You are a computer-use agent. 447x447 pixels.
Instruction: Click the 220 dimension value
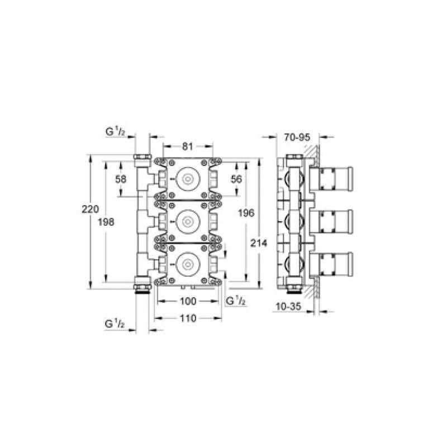pos(91,209)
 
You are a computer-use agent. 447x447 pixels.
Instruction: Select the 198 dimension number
pos(106,222)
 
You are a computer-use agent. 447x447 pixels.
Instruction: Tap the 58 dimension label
pos(121,179)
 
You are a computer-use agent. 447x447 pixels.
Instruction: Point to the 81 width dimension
pos(187,146)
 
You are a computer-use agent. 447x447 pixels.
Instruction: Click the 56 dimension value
pos(236,179)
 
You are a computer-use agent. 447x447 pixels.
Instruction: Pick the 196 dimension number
pos(246,213)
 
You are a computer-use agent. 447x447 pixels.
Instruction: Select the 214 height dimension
pos(259,243)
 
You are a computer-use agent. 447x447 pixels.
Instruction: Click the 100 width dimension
pos(188,301)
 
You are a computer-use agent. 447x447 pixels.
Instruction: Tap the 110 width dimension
pos(188,318)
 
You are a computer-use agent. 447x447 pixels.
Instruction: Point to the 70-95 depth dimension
pos(297,137)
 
